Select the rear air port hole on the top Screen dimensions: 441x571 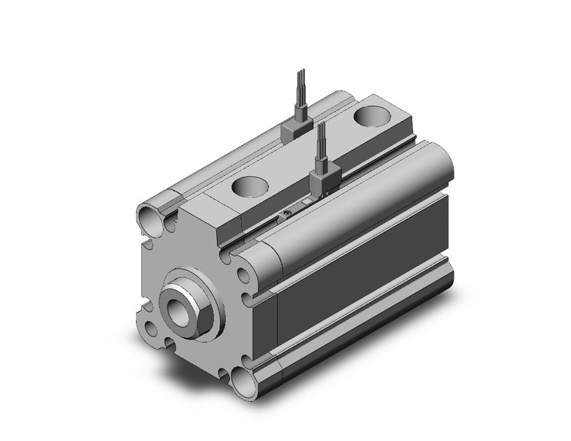click(371, 116)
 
